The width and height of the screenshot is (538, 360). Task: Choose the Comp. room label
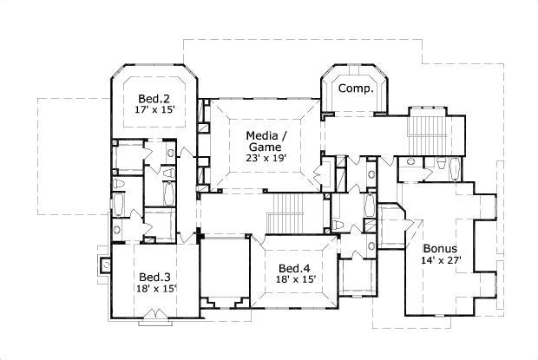coord(356,88)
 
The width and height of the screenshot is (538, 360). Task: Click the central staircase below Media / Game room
coord(285,213)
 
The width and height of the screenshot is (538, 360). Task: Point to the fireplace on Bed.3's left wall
coord(104,264)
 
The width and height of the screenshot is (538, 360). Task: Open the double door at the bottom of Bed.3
coord(154,313)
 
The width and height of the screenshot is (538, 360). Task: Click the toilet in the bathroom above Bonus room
coord(441,164)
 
